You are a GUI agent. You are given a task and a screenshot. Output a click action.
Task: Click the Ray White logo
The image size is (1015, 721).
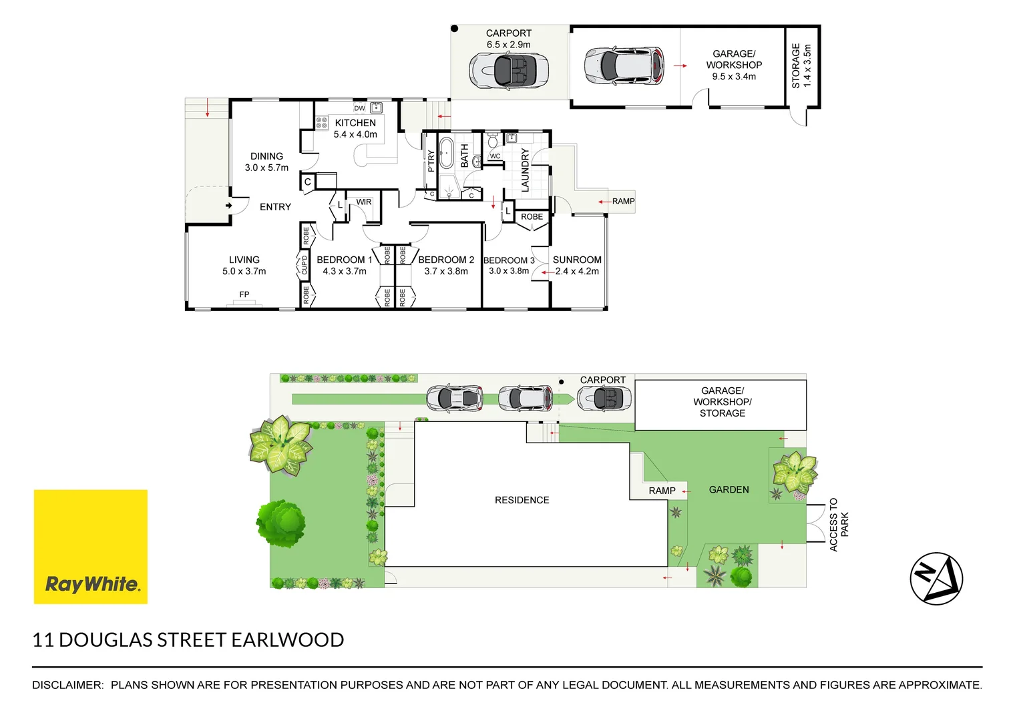[x=91, y=547]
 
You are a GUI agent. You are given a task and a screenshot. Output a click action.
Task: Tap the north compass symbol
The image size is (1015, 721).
[x=936, y=578]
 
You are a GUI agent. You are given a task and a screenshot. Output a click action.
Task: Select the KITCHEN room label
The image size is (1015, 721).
[x=355, y=123]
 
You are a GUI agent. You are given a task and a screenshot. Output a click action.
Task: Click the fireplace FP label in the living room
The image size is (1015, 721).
[x=244, y=294]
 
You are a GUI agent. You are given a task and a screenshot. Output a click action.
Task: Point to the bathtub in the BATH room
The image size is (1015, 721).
[x=446, y=153]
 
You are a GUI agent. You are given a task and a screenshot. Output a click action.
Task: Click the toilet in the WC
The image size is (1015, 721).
[x=493, y=141]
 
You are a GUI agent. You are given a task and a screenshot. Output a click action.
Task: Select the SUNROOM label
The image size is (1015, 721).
[x=577, y=260]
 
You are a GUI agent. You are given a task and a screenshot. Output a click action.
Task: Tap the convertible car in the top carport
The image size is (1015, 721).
[x=509, y=69]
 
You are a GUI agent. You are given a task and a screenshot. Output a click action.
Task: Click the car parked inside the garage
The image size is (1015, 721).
[x=624, y=65]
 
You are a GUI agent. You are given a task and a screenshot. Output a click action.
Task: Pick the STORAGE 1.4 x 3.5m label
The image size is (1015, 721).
[x=801, y=66]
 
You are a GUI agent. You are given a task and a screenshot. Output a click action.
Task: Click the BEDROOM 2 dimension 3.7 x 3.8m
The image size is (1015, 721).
[x=446, y=272]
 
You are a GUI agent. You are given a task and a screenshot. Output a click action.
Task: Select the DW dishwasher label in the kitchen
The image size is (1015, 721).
[x=360, y=108]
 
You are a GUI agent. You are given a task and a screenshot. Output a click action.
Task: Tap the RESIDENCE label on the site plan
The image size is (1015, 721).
[x=522, y=500]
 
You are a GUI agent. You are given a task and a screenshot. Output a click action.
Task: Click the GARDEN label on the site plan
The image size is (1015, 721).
[x=729, y=489]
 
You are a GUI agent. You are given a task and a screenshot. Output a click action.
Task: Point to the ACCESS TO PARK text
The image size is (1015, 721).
[x=839, y=525]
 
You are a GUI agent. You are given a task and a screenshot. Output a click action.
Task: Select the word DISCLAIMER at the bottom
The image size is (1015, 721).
[x=67, y=685]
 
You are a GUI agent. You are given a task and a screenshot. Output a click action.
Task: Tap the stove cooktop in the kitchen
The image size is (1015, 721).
[x=322, y=122]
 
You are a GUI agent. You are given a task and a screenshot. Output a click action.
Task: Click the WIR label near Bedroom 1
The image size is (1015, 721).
[x=364, y=202]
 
